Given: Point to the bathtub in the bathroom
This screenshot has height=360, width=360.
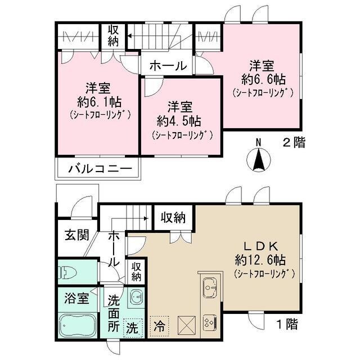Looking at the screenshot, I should tap(77, 326).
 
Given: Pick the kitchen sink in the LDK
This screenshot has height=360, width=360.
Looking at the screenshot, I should tap(208, 287).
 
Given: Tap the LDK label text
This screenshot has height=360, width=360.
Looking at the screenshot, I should tap(260, 246).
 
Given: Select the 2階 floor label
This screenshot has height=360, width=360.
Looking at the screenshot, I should tap(294, 143).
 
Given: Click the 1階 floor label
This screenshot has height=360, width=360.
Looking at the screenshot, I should tap(287, 324).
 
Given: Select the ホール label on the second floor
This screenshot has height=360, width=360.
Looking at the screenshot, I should tap(167, 66).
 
